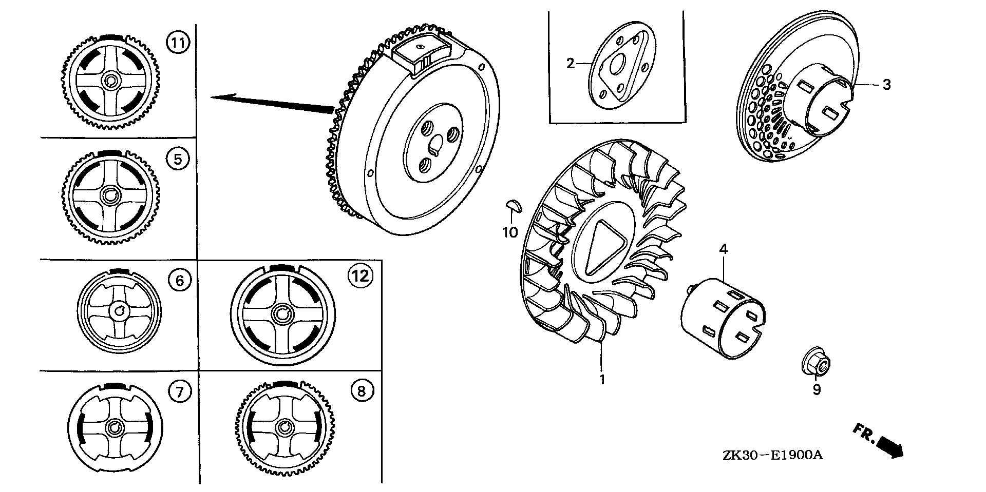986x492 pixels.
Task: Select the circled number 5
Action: click(178, 159)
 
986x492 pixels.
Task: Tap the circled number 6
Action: click(180, 280)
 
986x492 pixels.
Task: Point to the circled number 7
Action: click(180, 393)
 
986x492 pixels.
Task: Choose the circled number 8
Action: click(362, 392)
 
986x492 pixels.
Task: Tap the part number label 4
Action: click(724, 249)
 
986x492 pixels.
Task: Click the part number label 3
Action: click(886, 85)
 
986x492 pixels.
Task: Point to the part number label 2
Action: click(570, 64)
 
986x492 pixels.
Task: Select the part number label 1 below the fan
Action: click(602, 380)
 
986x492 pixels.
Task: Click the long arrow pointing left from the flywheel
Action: click(273, 102)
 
